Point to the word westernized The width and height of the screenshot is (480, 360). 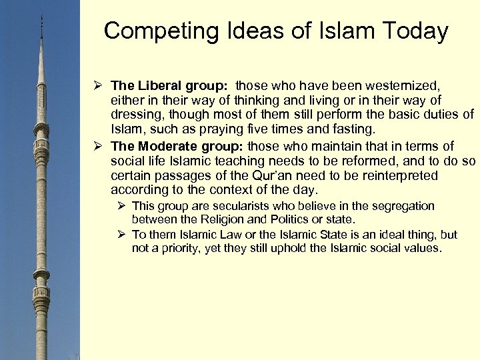(399, 85)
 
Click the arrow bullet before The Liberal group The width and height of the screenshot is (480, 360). (97, 85)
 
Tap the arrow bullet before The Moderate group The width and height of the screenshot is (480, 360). (97, 146)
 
